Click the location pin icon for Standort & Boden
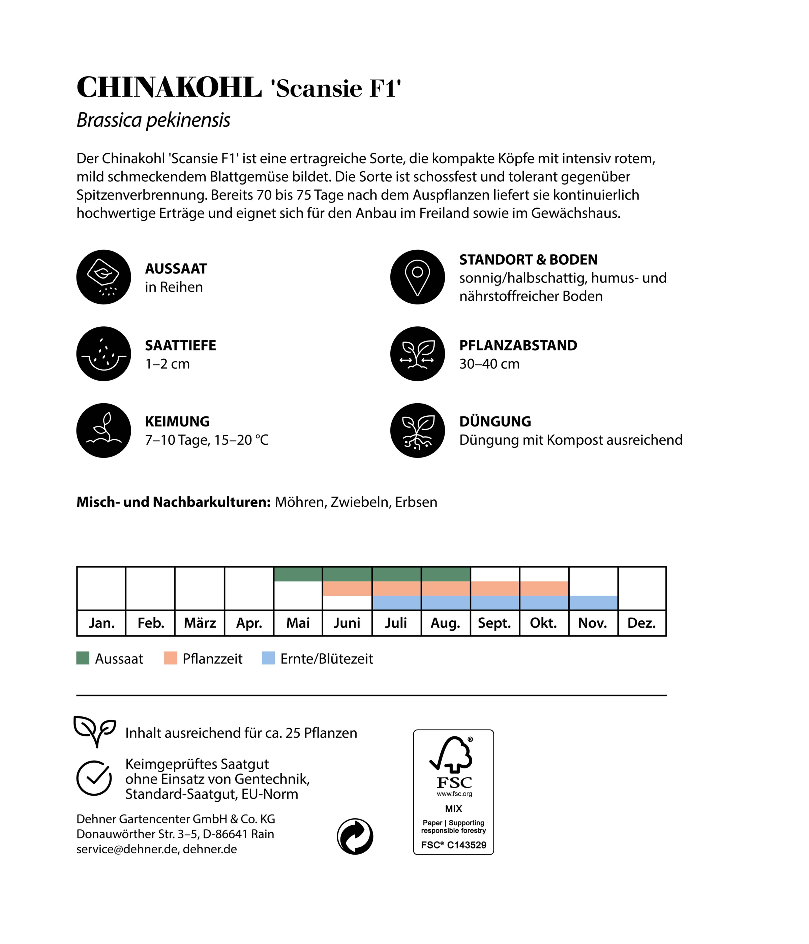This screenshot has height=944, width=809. coord(417,277)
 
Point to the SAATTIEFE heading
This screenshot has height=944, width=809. coord(180,345)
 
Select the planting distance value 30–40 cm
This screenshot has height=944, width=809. coord(489,364)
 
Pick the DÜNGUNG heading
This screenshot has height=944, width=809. coord(495,421)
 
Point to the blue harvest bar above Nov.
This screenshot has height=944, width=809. coord(593,603)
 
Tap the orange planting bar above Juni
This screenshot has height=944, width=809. coord(347,589)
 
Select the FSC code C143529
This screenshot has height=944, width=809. coord(466,845)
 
